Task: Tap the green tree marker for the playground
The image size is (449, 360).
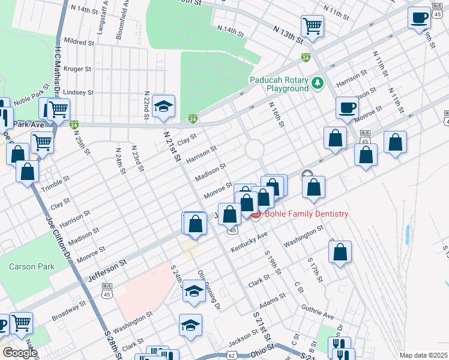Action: click(x=318, y=82)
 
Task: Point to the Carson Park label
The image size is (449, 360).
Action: click(x=31, y=266)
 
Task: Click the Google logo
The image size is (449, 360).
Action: click(x=20, y=353)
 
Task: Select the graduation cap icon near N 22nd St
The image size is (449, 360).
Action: click(x=163, y=106)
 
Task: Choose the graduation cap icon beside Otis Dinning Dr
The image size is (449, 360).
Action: click(x=194, y=291)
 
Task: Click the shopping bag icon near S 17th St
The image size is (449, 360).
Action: click(x=340, y=253)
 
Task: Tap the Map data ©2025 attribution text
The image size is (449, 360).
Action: click(x=423, y=355)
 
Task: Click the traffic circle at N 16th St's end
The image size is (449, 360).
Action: click(x=254, y=148)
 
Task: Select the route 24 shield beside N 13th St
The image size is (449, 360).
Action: click(x=306, y=58)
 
